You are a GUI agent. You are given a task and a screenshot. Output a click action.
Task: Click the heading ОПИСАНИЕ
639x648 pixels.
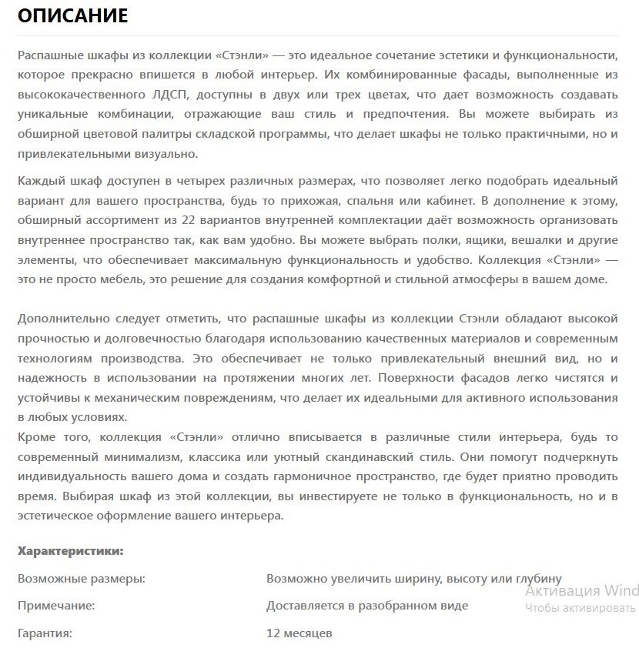[x=72, y=15]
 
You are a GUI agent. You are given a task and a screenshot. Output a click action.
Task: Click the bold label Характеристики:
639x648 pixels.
[x=70, y=551]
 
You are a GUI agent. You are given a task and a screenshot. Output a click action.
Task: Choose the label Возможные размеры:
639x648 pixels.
[x=81, y=578]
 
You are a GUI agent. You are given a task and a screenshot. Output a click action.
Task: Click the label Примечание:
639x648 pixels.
[x=56, y=606]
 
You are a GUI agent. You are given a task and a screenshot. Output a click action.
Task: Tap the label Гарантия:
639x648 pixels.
[x=45, y=633]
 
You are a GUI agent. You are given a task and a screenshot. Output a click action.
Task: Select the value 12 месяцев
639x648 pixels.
[x=299, y=633]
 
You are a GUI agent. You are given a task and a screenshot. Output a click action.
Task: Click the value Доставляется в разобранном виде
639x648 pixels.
[x=367, y=606]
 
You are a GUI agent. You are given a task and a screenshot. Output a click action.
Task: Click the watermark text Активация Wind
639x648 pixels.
[x=582, y=590]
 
